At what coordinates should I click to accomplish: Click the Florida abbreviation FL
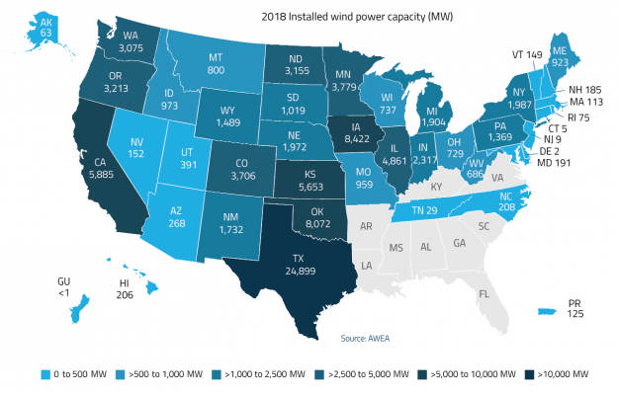484,293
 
